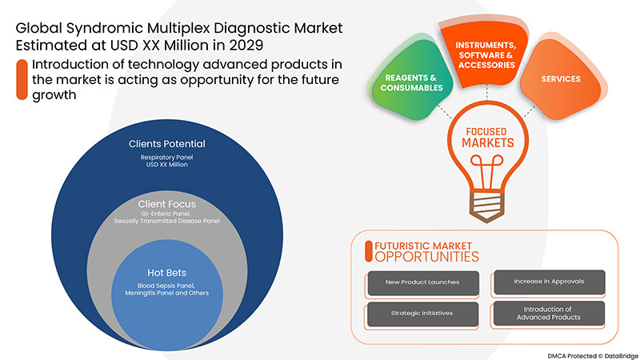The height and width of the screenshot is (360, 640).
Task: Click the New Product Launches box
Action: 422,282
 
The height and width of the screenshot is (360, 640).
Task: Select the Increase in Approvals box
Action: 547,282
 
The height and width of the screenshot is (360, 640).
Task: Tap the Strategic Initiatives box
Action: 422,313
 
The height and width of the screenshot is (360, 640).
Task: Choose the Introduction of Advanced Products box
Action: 547,313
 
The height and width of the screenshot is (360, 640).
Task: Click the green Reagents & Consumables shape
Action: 407,82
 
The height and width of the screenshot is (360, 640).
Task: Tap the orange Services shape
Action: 560,80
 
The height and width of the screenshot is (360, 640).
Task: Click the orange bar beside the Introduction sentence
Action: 20,80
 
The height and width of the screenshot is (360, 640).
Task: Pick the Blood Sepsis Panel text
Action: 156,287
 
